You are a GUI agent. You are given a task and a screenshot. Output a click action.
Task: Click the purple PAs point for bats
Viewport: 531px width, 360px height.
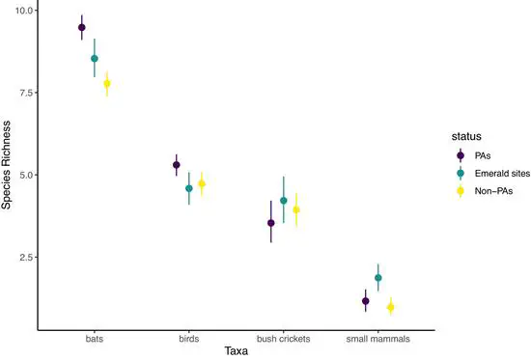(82, 28)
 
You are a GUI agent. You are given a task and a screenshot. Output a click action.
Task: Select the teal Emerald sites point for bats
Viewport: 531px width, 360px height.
(95, 59)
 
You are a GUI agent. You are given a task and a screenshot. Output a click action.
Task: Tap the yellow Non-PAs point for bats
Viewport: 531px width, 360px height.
(107, 84)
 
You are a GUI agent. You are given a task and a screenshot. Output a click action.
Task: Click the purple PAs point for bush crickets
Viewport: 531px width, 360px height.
(271, 223)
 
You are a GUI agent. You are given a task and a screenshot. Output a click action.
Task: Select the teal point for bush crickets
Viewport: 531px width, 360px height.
(284, 201)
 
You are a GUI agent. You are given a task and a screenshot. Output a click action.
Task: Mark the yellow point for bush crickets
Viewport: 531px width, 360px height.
(296, 209)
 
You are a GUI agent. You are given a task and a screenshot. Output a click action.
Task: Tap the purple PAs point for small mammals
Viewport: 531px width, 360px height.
(366, 301)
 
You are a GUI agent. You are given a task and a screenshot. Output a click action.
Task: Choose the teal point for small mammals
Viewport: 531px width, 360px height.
(378, 278)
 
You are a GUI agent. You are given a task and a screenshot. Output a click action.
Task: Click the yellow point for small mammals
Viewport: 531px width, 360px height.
(391, 307)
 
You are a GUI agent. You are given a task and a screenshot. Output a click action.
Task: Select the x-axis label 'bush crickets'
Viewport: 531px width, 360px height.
(284, 340)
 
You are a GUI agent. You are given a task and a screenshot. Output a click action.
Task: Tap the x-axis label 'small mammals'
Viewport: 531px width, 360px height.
(378, 340)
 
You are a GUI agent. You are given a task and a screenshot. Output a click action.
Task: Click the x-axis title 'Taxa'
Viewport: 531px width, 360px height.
(237, 352)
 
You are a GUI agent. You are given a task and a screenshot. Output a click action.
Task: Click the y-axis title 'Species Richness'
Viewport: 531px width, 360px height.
(8, 169)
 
